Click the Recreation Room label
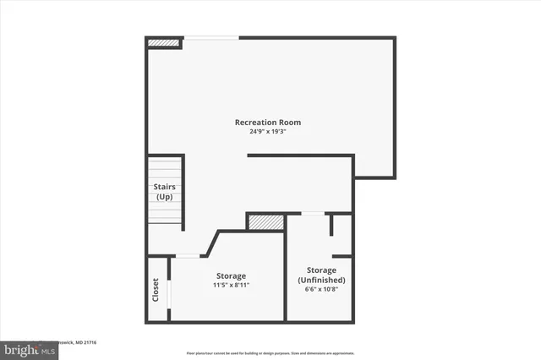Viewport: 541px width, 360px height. (267, 123)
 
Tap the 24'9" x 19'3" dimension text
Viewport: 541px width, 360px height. (267, 133)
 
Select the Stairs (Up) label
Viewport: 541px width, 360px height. (164, 191)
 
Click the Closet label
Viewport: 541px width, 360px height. (156, 290)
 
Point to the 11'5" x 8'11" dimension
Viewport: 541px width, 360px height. (231, 286)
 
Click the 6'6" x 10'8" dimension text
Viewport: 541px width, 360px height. (321, 289)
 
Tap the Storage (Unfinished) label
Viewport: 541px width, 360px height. (321, 275)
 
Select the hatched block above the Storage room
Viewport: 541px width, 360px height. (265, 221)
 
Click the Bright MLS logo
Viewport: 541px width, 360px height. (26, 348)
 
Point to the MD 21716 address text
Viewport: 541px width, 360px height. (81, 343)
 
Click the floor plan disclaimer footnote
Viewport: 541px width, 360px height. (270, 353)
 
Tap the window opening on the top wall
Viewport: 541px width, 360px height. (211, 37)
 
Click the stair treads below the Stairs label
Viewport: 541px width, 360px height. (165, 212)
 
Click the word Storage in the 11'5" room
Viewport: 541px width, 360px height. (231, 276)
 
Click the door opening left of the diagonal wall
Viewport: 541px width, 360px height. (188, 255)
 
